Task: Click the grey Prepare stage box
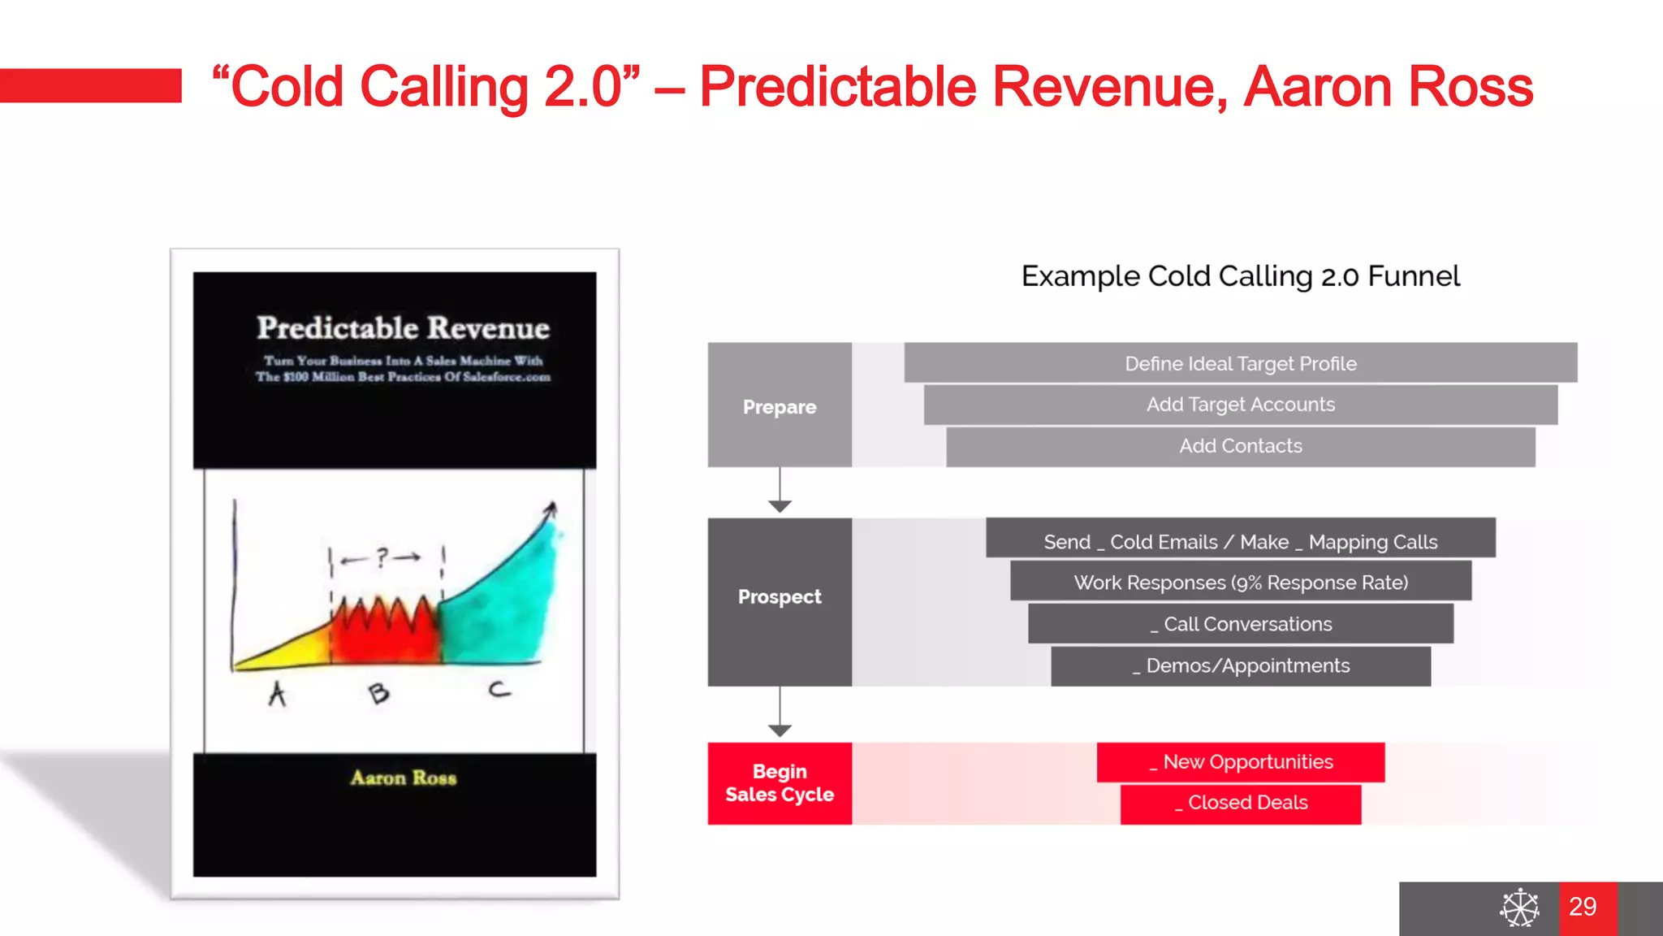point(780,405)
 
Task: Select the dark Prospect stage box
point(780,601)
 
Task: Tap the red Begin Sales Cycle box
point(780,783)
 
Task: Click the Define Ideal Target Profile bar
point(1240,363)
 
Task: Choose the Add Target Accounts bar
point(1240,405)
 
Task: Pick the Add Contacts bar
point(1240,446)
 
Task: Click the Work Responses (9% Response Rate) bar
point(1240,582)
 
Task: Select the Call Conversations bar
point(1240,624)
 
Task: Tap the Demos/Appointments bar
point(1240,666)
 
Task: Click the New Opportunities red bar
point(1240,762)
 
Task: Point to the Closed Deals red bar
point(1240,804)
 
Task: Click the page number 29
point(1583,907)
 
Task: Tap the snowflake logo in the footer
point(1519,908)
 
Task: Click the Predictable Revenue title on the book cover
point(403,328)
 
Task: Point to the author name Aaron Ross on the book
point(403,778)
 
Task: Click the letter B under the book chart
point(378,692)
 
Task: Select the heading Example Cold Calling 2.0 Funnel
point(1240,276)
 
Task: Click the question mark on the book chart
point(382,557)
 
